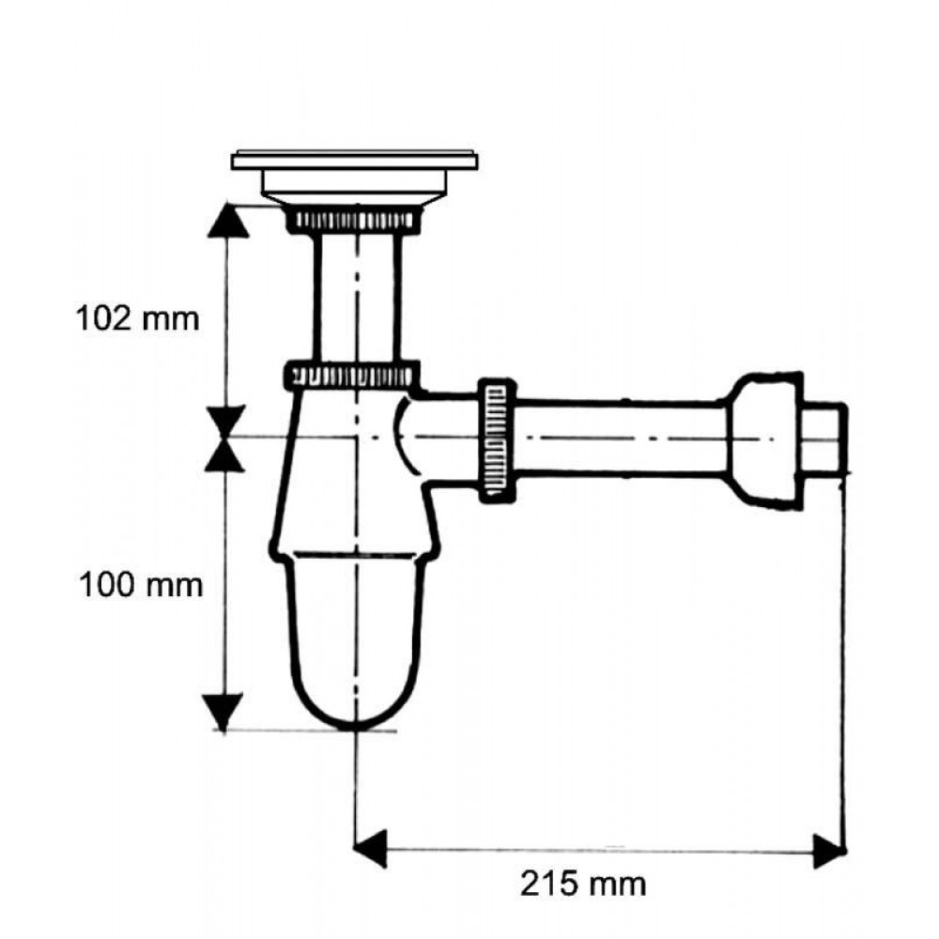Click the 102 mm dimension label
tap(137, 318)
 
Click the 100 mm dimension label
tap(142, 584)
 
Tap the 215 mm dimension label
tap(583, 884)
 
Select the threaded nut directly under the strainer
tap(355, 221)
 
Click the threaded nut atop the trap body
tap(351, 375)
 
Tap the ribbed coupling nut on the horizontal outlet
tap(497, 439)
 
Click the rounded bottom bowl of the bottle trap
tap(356, 640)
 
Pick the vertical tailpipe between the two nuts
tap(357, 298)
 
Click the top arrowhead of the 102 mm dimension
tap(227, 221)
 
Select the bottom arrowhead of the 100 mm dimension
tap(223, 712)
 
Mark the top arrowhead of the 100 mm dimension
tap(224, 454)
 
